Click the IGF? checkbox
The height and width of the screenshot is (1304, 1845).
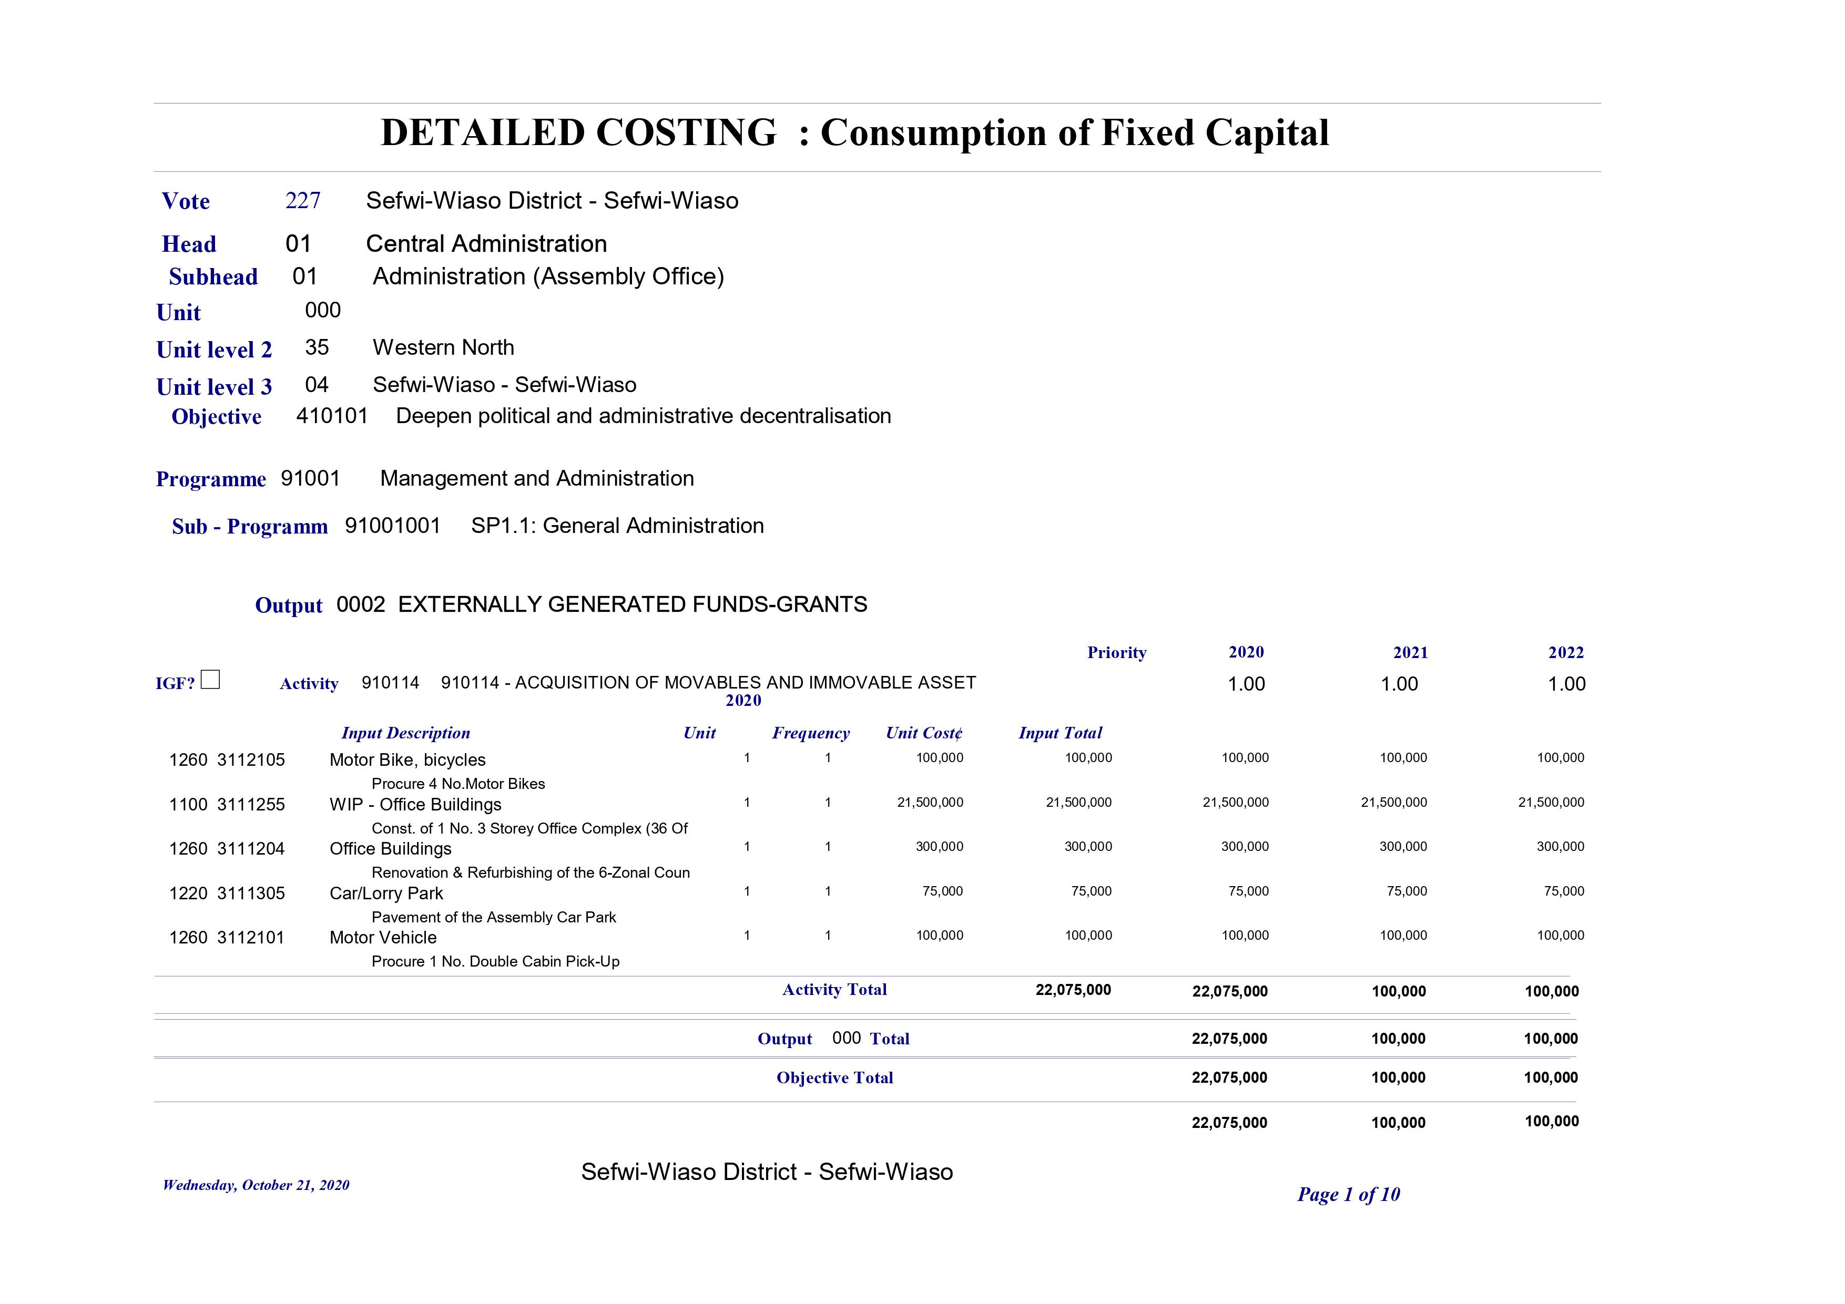pyautogui.click(x=210, y=680)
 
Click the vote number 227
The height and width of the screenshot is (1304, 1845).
pyautogui.click(x=303, y=201)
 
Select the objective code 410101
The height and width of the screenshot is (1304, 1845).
pyautogui.click(x=332, y=416)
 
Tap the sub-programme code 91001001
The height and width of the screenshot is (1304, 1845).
pyautogui.click(x=392, y=526)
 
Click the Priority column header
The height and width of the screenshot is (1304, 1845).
pyautogui.click(x=1116, y=652)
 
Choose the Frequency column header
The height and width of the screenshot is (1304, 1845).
pyautogui.click(x=810, y=733)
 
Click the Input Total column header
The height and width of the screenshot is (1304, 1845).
pyautogui.click(x=1060, y=733)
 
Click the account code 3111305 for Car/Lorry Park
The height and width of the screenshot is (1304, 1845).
pyautogui.click(x=251, y=894)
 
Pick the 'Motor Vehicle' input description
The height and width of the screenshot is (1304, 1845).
pyautogui.click(x=383, y=938)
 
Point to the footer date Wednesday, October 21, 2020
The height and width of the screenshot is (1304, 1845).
pyautogui.click(x=256, y=1185)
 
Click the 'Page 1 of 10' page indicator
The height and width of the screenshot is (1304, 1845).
pyautogui.click(x=1349, y=1195)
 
